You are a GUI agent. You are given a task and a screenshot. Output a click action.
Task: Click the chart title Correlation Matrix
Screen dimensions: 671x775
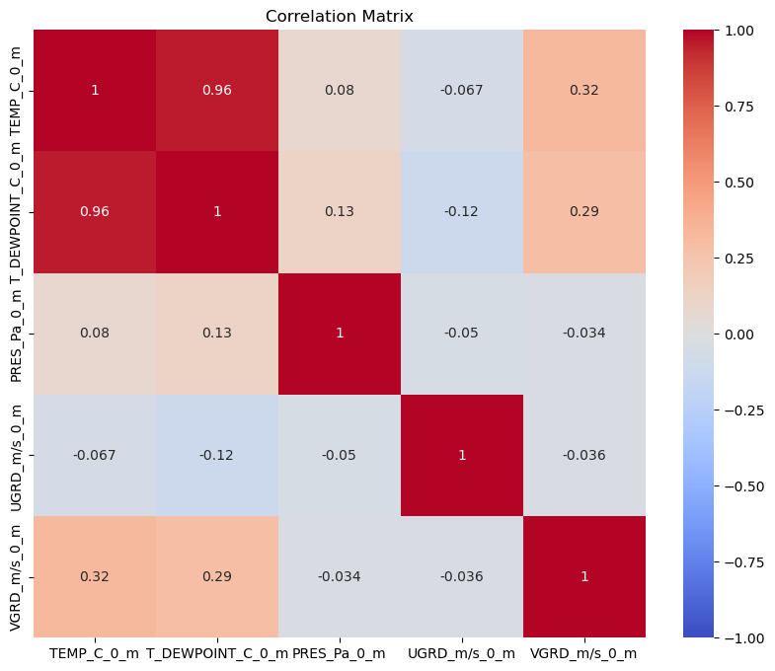tap(340, 16)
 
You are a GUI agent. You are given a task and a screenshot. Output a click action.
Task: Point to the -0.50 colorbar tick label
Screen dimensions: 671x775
tap(746, 486)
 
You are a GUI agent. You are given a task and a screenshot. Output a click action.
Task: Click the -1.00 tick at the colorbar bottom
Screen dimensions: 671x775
tap(746, 638)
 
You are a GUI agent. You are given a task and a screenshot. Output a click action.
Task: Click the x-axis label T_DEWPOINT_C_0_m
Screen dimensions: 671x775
tap(217, 653)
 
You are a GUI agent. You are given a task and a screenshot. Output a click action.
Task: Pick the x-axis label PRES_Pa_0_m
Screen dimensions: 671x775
tap(340, 653)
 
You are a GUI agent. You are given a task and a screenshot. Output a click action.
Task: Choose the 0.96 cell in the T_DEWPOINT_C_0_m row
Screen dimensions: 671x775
tap(95, 212)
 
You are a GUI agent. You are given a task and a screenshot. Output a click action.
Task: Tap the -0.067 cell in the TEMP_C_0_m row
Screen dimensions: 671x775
tap(462, 91)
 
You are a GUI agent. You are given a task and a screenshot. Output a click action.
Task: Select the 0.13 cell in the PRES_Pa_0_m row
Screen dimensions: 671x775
tap(217, 334)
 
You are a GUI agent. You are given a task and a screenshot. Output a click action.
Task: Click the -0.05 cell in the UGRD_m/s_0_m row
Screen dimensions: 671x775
tap(340, 455)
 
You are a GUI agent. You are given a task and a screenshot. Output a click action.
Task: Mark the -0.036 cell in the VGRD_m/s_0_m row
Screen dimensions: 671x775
tap(462, 576)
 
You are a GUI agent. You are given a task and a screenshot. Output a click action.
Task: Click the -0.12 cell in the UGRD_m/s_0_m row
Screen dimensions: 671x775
tap(217, 455)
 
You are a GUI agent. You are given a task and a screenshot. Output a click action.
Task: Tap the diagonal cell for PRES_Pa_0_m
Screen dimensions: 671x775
tap(340, 334)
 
